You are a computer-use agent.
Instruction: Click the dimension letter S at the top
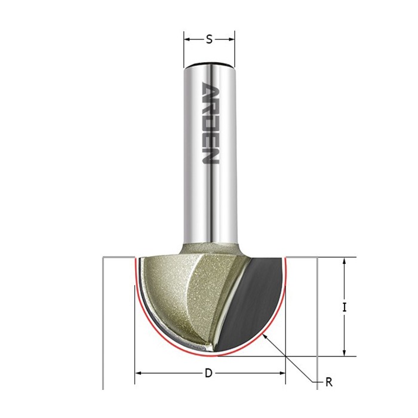(x=210, y=39)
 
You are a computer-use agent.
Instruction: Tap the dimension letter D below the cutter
(x=208, y=373)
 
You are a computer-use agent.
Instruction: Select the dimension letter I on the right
(x=345, y=308)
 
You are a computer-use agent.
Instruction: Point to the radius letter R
(x=329, y=382)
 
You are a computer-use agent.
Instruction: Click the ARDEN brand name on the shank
(x=210, y=122)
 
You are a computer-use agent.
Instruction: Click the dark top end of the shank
(x=209, y=64)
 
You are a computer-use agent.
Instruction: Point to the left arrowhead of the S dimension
(x=187, y=39)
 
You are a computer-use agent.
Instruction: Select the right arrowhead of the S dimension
(x=232, y=39)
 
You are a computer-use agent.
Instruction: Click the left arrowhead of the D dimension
(x=138, y=373)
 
